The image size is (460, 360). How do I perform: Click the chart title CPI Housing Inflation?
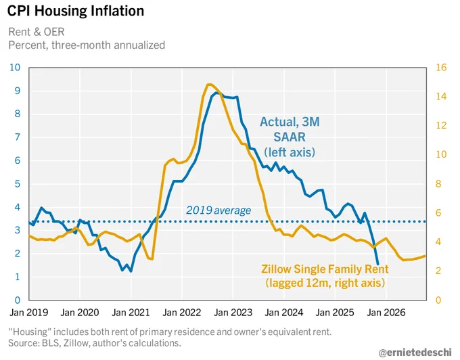[76, 11]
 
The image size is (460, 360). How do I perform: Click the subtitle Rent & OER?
[37, 32]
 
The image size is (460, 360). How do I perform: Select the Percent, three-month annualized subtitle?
[87, 45]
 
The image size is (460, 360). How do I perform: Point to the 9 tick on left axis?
[18, 91]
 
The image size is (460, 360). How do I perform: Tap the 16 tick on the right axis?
[441, 68]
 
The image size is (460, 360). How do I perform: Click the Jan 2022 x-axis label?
[182, 313]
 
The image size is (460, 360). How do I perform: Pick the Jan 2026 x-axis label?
[386, 313]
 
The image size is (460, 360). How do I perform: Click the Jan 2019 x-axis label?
[28, 313]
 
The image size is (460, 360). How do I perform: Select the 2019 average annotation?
[218, 210]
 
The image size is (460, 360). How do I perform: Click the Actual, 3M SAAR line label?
[290, 137]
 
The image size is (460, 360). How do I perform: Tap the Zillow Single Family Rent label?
[325, 269]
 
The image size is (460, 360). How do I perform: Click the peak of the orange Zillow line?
[208, 85]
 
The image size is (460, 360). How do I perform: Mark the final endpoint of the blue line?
[377, 265]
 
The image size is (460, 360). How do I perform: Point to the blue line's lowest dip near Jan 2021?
[131, 271]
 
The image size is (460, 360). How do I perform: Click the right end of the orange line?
[425, 256]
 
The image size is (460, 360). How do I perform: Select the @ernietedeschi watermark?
[415, 352]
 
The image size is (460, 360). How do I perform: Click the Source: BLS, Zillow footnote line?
[95, 343]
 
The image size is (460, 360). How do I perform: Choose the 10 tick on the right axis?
[441, 154]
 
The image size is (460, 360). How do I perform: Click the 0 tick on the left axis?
[18, 300]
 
